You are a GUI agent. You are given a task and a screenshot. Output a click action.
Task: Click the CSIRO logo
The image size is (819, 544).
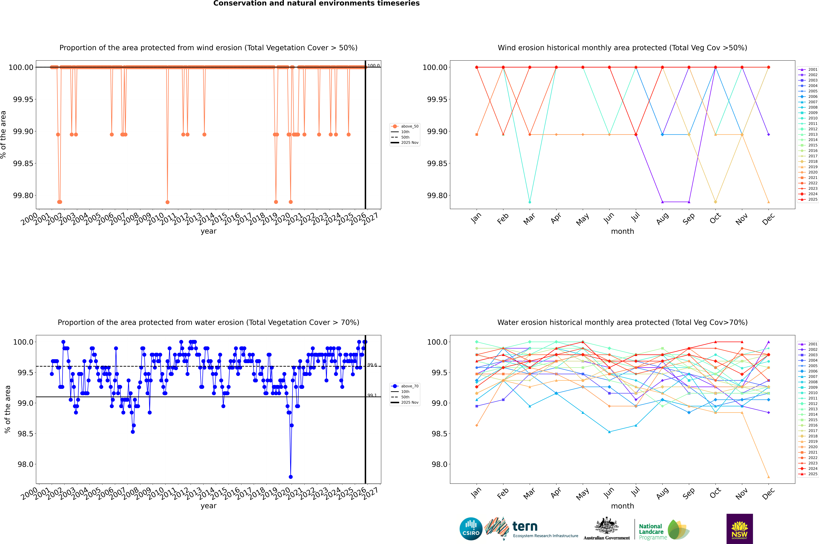point(471,529)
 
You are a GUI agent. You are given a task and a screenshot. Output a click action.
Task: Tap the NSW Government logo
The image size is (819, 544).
point(739,529)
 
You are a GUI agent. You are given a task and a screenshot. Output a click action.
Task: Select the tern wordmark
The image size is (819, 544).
point(525,527)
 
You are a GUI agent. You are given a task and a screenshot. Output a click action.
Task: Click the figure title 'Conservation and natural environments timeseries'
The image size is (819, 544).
point(316,3)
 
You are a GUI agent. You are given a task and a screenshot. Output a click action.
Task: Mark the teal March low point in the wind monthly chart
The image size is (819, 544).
point(529,202)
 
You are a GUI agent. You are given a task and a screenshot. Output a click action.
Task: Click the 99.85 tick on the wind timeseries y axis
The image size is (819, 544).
point(23,163)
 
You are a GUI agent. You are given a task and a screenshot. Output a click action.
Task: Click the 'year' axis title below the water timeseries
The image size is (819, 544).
point(208,506)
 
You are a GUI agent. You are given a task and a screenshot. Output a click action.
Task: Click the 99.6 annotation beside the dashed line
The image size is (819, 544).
point(372,365)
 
